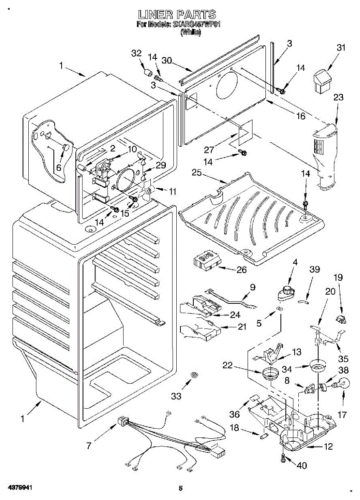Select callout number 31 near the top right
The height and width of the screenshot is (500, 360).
[x=341, y=48]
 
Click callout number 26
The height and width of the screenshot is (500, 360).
[x=242, y=270]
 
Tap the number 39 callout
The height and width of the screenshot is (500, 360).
[x=315, y=269]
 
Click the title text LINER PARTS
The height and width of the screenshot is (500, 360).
[x=177, y=15]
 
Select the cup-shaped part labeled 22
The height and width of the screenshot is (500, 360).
[x=270, y=373]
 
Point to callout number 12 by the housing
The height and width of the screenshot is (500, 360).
[x=328, y=447]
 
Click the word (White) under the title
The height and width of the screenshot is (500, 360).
[x=190, y=32]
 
